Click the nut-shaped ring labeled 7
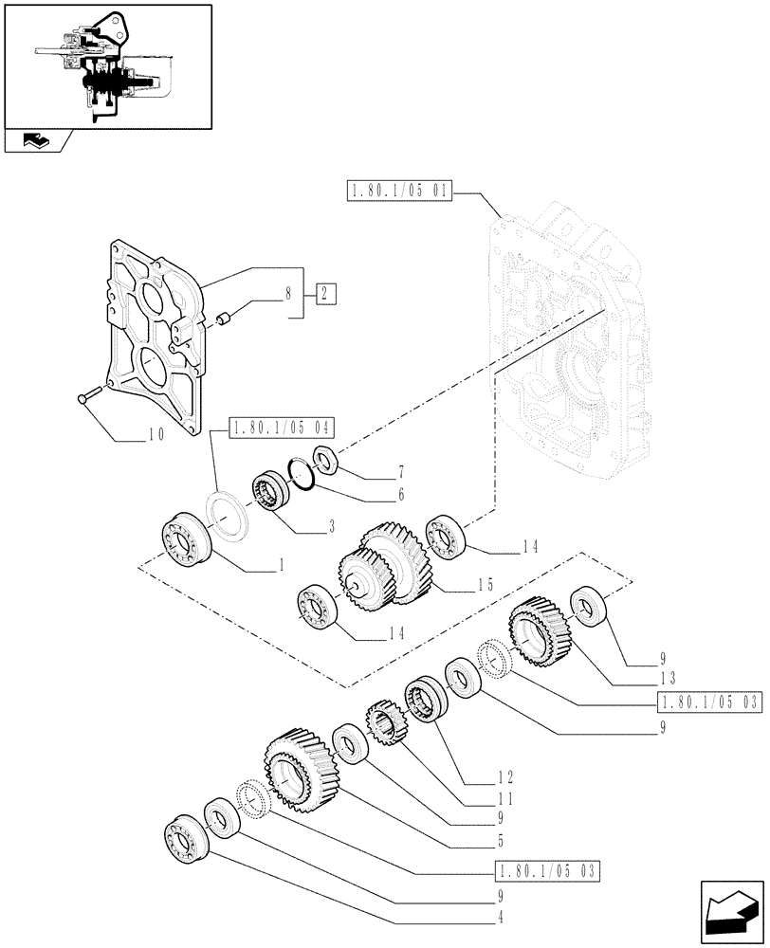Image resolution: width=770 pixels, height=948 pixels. click(322, 460)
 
